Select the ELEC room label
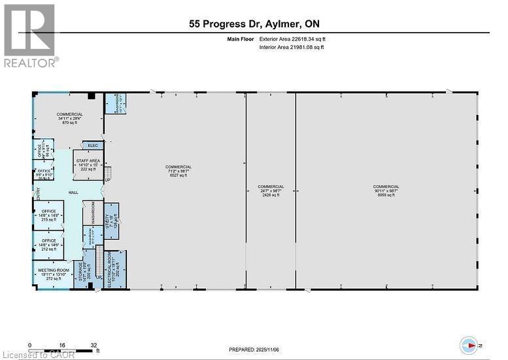coord(92,145)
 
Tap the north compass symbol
coord(469,344)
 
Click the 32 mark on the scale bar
coord(94,345)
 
